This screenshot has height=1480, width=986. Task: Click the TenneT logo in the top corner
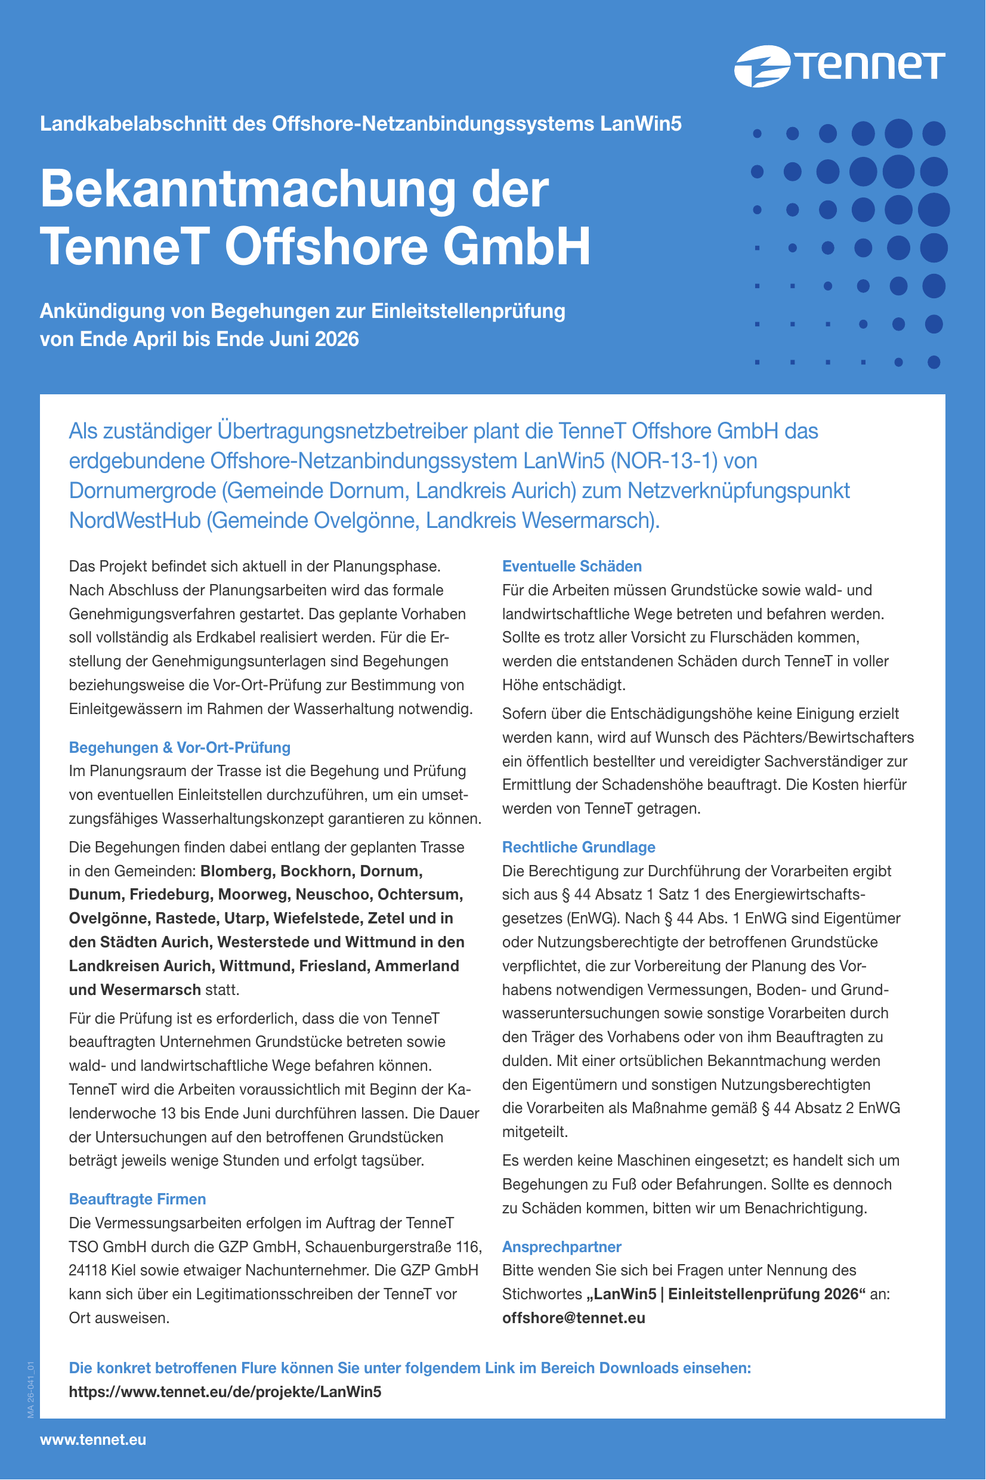pos(839,66)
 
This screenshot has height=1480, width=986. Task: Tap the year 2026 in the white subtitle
pos(337,339)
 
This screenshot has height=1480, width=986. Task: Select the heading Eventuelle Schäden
pos(571,567)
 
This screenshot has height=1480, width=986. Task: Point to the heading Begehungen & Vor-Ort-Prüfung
pos(179,747)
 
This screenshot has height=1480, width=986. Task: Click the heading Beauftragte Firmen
pos(137,1199)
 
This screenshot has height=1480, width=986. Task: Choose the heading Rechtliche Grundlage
pos(578,848)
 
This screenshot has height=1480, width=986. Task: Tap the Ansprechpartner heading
pos(561,1247)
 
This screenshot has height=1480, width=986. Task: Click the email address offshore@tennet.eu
pos(573,1318)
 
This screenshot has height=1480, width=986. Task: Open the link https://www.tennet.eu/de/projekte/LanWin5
pos(224,1391)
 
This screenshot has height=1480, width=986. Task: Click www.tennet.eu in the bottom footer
pos(93,1440)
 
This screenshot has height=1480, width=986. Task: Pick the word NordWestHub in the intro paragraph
pos(135,521)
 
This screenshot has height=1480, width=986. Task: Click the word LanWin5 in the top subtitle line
pos(640,125)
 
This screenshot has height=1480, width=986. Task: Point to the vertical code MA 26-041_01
pos(30,1390)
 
